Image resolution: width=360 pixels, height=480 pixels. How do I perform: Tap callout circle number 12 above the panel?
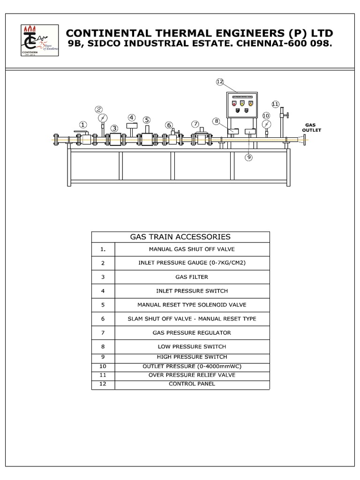pyautogui.click(x=220, y=82)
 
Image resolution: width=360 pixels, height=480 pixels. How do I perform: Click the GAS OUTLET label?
pyautogui.click(x=311, y=127)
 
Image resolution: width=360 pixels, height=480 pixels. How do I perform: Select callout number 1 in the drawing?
pyautogui.click(x=83, y=125)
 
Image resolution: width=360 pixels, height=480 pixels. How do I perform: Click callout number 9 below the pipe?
pyautogui.click(x=248, y=157)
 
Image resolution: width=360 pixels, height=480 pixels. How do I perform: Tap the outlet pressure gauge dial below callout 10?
pyautogui.click(x=267, y=124)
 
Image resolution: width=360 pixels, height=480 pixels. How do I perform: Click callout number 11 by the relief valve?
pyautogui.click(x=275, y=104)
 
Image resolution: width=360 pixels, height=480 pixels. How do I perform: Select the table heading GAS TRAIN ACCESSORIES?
pyautogui.click(x=180, y=237)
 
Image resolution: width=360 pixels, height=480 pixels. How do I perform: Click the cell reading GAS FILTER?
pyautogui.click(x=192, y=277)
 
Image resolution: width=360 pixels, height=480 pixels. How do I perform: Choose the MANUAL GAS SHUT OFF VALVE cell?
pyautogui.click(x=192, y=249)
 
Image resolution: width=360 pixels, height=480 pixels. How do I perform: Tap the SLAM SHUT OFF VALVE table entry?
pyautogui.click(x=192, y=319)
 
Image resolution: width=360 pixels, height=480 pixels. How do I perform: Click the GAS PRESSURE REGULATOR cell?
pyautogui.click(x=192, y=333)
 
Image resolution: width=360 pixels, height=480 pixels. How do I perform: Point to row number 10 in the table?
pyautogui.click(x=103, y=366)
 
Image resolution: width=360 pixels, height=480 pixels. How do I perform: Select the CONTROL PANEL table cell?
pyautogui.click(x=192, y=384)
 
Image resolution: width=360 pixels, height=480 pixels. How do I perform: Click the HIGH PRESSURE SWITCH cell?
pyautogui.click(x=192, y=357)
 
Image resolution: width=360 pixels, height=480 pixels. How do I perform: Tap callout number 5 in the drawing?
pyautogui.click(x=147, y=120)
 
